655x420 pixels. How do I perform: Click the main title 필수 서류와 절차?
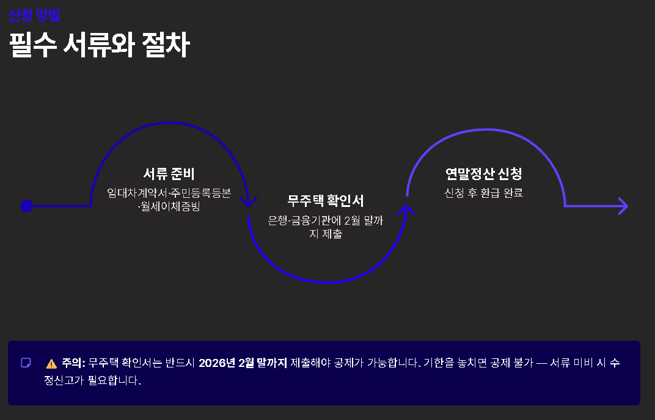(100, 45)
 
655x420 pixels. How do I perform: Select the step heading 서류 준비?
(169, 174)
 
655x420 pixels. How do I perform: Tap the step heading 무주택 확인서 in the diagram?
(326, 201)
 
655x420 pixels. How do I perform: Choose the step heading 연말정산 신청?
(484, 174)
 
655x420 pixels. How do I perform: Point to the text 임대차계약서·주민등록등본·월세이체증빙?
(169, 200)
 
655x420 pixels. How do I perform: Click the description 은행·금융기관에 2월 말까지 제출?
(326, 227)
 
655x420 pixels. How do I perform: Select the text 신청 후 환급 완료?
(484, 193)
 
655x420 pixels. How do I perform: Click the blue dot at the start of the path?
(26, 206)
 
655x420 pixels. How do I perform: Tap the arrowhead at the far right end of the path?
(622, 206)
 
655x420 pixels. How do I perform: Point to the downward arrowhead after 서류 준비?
(249, 201)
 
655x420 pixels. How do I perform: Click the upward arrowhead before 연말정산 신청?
(407, 209)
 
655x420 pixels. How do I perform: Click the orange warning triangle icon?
(51, 364)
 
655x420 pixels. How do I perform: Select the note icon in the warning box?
(26, 363)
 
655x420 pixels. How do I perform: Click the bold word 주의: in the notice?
(73, 363)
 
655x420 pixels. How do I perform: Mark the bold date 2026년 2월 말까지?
(243, 363)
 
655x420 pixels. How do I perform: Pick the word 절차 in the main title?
(166, 45)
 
